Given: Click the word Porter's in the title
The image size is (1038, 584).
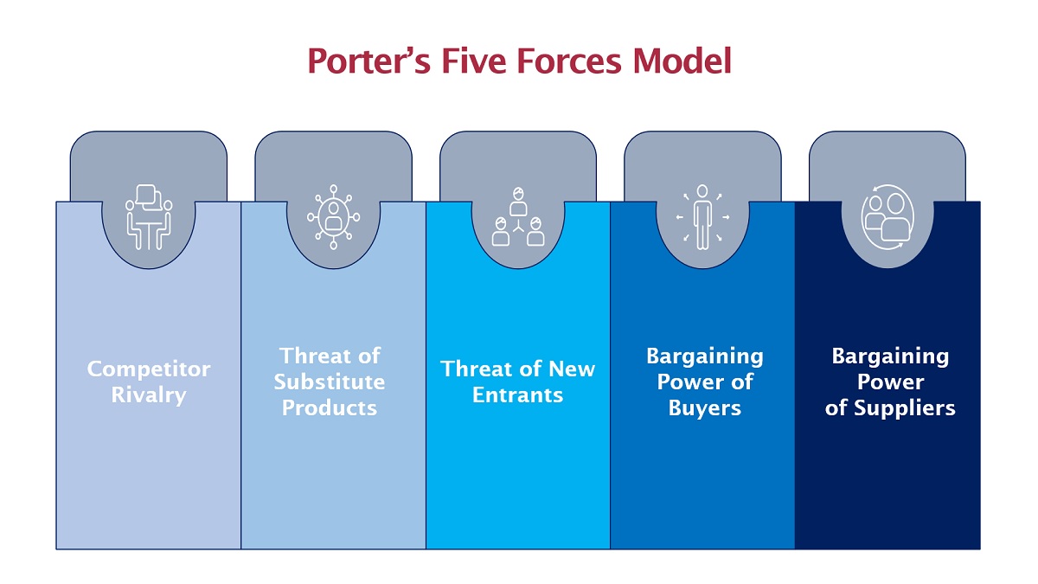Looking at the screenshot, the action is coord(368,61).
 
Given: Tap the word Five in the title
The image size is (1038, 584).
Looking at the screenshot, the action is coord(473,61).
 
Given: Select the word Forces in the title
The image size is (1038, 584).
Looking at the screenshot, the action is coord(568,61).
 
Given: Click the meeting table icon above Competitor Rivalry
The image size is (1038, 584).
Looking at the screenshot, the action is coord(149,217).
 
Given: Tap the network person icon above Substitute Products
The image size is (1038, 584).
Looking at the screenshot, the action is coord(333,217).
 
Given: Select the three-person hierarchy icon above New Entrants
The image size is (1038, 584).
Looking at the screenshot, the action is coord(518,216).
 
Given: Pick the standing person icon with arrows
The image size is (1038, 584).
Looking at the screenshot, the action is coord(702,217).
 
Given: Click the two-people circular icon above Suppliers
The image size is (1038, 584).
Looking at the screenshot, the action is coord(887,217).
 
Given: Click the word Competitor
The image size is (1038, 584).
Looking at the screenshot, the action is coord(149,369).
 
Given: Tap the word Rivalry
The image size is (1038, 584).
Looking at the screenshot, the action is coord(149,395).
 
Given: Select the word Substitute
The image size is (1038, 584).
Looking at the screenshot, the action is coord(330,382).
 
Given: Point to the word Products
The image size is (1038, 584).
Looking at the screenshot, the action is coord(330,408).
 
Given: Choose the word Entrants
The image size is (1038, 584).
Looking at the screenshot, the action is coord(517,395).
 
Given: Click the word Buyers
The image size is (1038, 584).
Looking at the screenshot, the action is coord(705,408).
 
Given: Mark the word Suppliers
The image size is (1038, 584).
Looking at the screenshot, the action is coord(905,408).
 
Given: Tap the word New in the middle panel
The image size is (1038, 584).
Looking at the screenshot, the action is coord(572,369).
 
